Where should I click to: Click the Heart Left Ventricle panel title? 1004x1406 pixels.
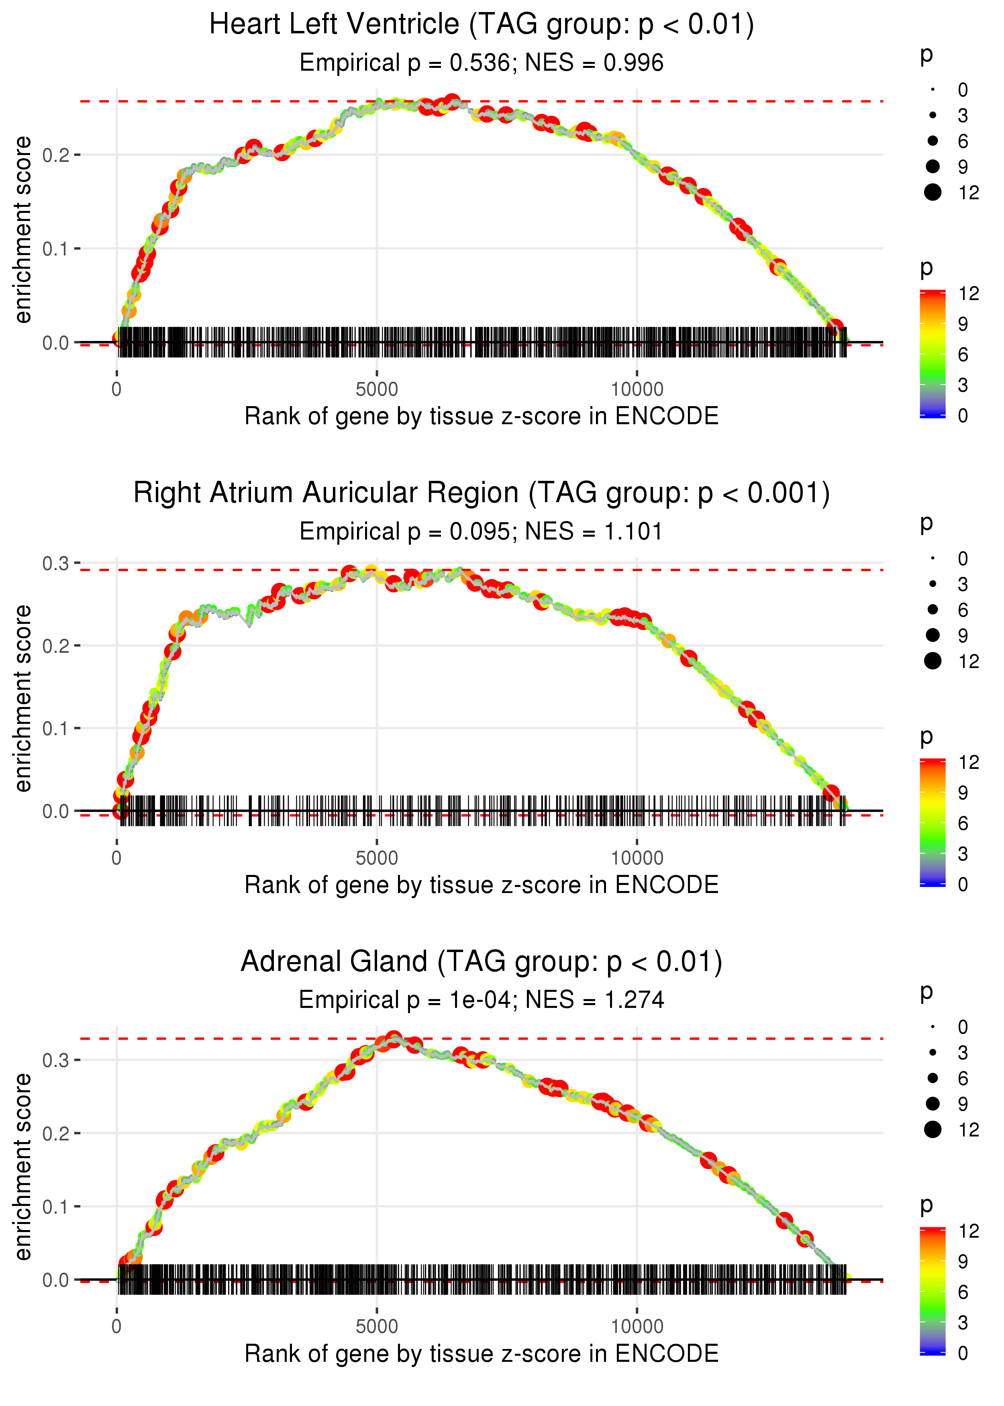[x=482, y=25]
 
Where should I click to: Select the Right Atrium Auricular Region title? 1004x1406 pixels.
[x=482, y=493]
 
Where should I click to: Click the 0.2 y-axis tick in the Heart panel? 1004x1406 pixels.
[x=56, y=155]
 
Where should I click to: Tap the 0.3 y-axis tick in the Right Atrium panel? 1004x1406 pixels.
[x=56, y=563]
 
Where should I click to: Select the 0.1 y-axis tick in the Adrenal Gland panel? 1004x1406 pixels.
[x=56, y=1206]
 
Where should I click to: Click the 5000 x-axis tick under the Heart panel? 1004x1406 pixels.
[x=377, y=390]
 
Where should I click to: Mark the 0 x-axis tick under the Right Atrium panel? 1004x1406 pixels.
[x=117, y=858]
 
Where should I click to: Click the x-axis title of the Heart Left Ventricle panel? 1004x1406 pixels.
[x=482, y=416]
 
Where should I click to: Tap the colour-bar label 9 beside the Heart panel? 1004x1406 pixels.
[x=963, y=324]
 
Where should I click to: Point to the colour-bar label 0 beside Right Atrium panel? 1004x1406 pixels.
[x=963, y=884]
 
